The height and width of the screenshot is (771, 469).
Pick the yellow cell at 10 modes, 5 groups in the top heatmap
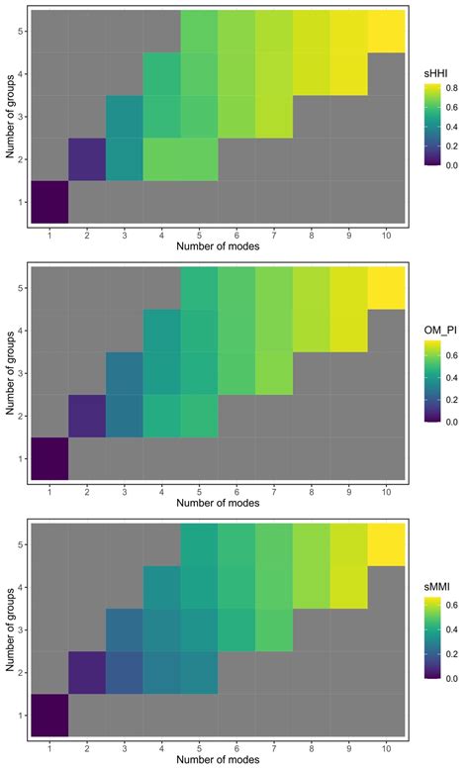tap(387, 31)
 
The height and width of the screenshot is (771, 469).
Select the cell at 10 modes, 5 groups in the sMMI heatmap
tap(387, 544)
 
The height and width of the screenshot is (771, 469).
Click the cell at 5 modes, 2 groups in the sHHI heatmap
tap(200, 158)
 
